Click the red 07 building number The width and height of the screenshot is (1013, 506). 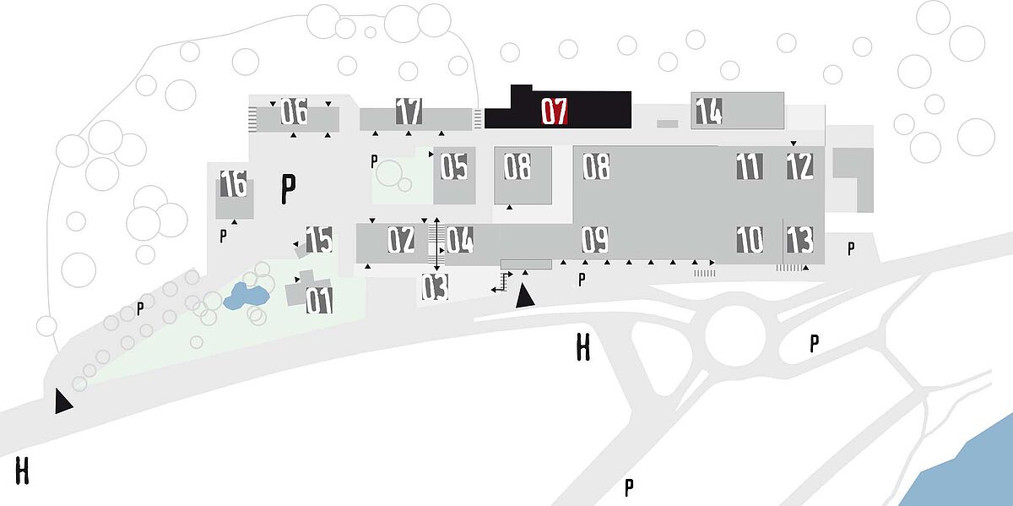click(555, 112)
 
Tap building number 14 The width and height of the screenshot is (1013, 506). click(709, 111)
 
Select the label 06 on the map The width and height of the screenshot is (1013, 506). click(294, 111)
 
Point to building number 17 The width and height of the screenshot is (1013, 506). click(409, 111)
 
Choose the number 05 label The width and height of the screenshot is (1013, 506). click(454, 166)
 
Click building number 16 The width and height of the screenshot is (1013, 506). click(233, 183)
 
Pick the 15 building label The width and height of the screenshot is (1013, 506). click(319, 239)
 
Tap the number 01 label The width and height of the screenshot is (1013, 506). click(319, 300)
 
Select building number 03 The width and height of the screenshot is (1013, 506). click(435, 287)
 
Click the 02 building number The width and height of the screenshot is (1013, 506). click(401, 239)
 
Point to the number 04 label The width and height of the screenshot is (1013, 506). click(460, 239)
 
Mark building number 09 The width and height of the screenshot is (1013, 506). click(595, 239)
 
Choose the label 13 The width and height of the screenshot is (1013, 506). click(800, 239)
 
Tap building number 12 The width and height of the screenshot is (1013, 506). click(800, 166)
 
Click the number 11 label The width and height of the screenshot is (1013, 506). click(750, 166)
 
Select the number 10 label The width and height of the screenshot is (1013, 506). click(750, 239)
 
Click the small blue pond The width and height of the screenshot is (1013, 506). click(245, 297)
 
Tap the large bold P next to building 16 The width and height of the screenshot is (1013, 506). click(288, 188)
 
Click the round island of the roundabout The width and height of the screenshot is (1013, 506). click(735, 335)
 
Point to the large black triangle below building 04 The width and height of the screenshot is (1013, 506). click(525, 296)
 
